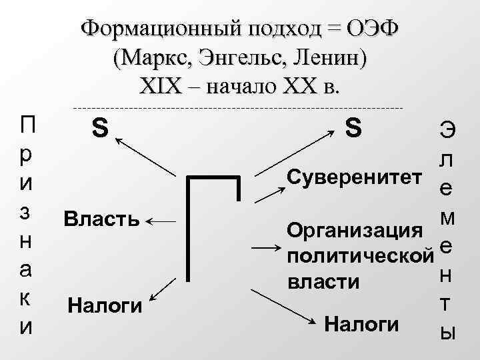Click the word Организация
(x=353, y=230)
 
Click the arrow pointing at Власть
(x=161, y=220)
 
